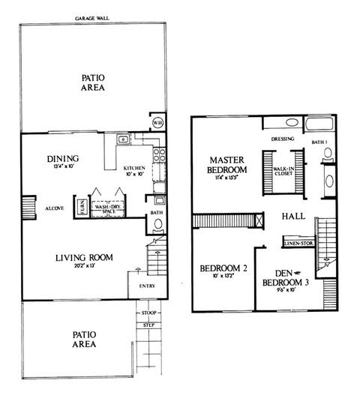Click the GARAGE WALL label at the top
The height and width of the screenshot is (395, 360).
point(93,18)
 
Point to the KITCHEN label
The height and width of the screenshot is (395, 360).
point(135,169)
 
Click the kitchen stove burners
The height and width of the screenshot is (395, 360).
point(159,155)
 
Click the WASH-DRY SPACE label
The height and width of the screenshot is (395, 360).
point(108,211)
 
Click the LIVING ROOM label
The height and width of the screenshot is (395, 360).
point(84,258)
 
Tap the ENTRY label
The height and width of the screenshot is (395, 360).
point(146,286)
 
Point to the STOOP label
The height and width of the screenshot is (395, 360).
point(148,312)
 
